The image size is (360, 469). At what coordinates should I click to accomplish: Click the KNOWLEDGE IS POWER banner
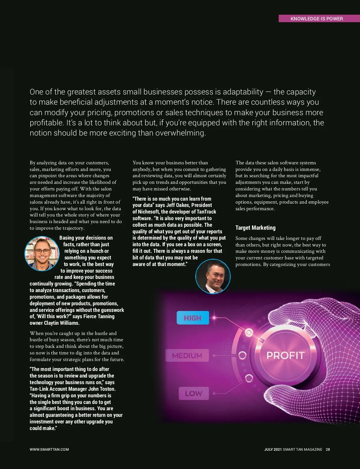click(x=316, y=19)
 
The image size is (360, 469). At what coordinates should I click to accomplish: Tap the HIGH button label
click(x=193, y=318)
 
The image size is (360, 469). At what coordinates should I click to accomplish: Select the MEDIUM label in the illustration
click(x=187, y=356)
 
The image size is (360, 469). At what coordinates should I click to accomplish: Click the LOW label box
click(x=193, y=393)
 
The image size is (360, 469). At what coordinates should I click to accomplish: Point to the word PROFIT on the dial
click(x=285, y=355)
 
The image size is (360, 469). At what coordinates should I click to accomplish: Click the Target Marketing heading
click(x=255, y=228)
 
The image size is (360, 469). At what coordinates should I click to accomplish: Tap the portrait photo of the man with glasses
click(x=42, y=254)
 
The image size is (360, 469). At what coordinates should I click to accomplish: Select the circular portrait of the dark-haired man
click(x=213, y=276)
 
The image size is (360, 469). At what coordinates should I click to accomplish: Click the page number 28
click(x=328, y=450)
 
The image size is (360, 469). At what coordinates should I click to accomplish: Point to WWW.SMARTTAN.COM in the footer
click(x=49, y=450)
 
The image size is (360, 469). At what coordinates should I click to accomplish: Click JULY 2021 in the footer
click(x=273, y=450)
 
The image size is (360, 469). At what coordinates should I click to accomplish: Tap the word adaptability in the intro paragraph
click(x=243, y=92)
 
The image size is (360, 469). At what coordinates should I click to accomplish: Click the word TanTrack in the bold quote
click(x=206, y=212)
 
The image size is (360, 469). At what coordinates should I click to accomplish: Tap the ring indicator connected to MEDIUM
click(x=242, y=356)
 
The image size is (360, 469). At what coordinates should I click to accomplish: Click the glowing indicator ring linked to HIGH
click(x=249, y=332)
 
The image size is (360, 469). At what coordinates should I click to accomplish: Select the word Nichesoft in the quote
click(x=148, y=212)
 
